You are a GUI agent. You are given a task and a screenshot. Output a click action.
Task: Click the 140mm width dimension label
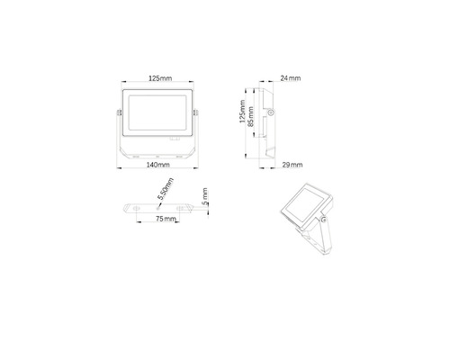coord(157,165)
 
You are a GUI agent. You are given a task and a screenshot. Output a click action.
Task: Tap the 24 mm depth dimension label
coord(291,78)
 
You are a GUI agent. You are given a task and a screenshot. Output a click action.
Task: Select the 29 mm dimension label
coord(292,165)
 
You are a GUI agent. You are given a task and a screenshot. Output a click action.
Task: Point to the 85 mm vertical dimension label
coord(251,116)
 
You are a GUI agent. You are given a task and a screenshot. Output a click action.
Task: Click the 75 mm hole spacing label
coord(166,219)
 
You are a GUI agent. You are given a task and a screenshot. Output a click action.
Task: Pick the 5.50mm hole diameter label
coord(166,189)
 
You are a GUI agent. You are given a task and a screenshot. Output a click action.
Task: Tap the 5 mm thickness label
coord(204,196)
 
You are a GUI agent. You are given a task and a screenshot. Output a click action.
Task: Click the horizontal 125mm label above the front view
coord(160,78)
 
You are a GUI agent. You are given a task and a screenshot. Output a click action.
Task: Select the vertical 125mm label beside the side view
coord(242,112)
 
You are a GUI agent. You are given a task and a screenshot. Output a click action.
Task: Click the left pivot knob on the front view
coord(119,112)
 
